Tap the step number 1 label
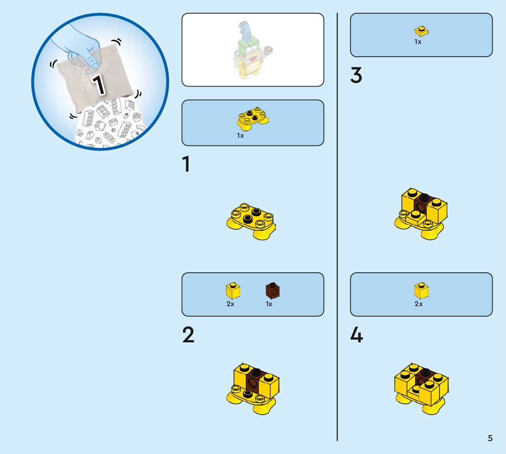tap(186, 164)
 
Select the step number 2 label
tap(188, 335)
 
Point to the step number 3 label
tap(356, 75)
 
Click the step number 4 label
tap(356, 335)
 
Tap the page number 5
tap(490, 438)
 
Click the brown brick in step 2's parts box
tap(273, 290)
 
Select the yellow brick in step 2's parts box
tap(233, 290)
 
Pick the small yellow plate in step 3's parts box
tap(421, 31)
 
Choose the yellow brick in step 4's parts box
tap(421, 291)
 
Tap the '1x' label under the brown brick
tap(269, 304)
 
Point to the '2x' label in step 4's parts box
tap(419, 304)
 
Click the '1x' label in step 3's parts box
tap(418, 42)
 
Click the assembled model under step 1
tap(251, 222)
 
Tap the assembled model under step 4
tap(421, 389)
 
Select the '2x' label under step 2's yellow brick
tap(231, 304)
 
